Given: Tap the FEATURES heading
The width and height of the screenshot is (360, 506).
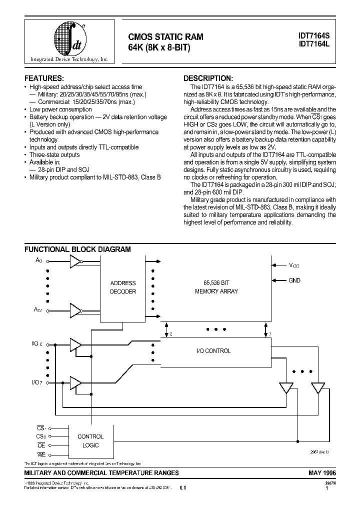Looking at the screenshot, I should pyautogui.click(x=44, y=79).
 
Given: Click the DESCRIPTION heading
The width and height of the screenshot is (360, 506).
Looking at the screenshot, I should pyautogui.click(x=207, y=79).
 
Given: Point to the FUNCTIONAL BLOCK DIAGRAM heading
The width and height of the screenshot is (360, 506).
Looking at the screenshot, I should pyautogui.click(x=78, y=249).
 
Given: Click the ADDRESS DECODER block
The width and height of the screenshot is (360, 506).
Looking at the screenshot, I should pyautogui.click(x=122, y=287).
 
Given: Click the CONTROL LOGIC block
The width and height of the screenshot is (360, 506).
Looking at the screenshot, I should pyautogui.click(x=90, y=440).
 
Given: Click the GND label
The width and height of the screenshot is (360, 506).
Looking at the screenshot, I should pyautogui.click(x=294, y=280).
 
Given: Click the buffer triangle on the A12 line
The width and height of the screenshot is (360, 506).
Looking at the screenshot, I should pyautogui.click(x=75, y=310).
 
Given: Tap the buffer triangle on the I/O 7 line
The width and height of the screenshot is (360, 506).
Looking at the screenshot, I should pyautogui.click(x=75, y=382).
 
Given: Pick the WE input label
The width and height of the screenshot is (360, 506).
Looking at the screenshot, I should pyautogui.click(x=41, y=454).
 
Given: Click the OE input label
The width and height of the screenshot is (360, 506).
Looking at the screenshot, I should pyautogui.click(x=41, y=445).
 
